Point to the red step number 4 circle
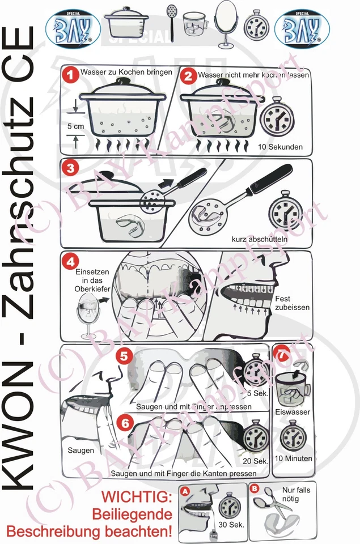point(70,262)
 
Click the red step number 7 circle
point(282,355)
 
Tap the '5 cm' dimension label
point(75,126)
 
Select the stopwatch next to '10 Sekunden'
point(279,116)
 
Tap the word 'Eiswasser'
point(292,412)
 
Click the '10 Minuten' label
point(293,458)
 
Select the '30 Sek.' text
point(231,525)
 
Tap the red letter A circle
point(185,492)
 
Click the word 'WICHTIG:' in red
point(137,497)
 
